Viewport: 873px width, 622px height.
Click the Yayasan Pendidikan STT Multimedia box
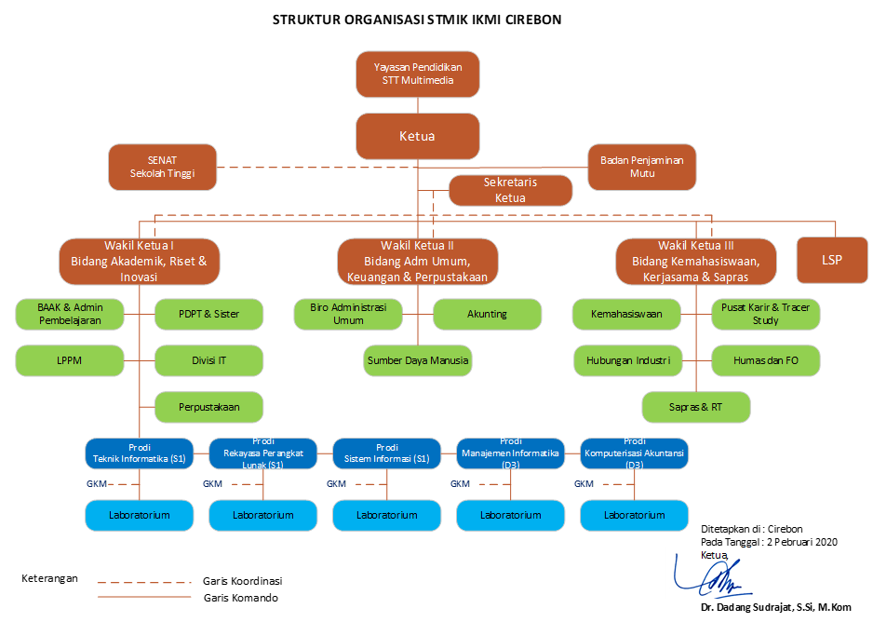click(x=418, y=74)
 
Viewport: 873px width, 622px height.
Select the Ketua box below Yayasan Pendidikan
click(x=417, y=136)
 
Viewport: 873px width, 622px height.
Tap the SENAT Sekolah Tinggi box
click(x=162, y=167)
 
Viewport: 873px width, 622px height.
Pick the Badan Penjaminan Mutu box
click(x=641, y=167)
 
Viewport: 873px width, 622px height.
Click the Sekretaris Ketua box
click(x=510, y=190)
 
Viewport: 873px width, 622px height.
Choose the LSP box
click(x=831, y=260)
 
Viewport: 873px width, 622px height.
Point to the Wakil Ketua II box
click(x=417, y=261)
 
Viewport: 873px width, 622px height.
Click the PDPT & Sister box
click(x=208, y=314)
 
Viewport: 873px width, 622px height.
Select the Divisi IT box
click(x=208, y=360)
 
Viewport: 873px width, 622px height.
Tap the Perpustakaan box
click(x=208, y=407)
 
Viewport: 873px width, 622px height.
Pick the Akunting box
click(x=487, y=314)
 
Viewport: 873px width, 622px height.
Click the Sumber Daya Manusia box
click(x=418, y=360)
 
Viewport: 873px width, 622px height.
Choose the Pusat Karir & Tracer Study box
click(x=765, y=314)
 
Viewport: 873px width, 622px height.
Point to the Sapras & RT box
click(x=696, y=407)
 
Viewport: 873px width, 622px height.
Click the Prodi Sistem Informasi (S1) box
click(x=386, y=453)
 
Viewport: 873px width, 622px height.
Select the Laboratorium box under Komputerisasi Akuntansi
click(x=634, y=514)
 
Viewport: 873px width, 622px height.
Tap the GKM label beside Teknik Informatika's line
click(x=97, y=484)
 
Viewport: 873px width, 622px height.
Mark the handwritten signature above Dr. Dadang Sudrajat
click(x=713, y=580)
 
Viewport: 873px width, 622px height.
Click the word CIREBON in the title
click(x=529, y=20)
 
